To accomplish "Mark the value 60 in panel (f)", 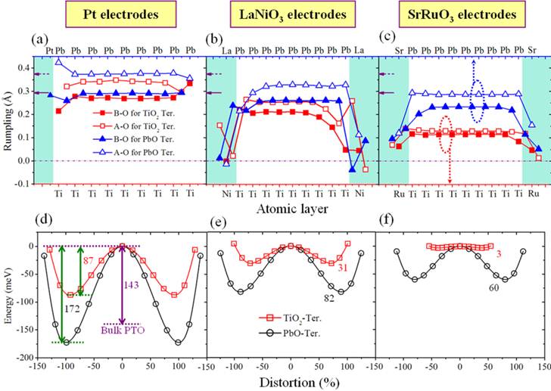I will click(x=474, y=288).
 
